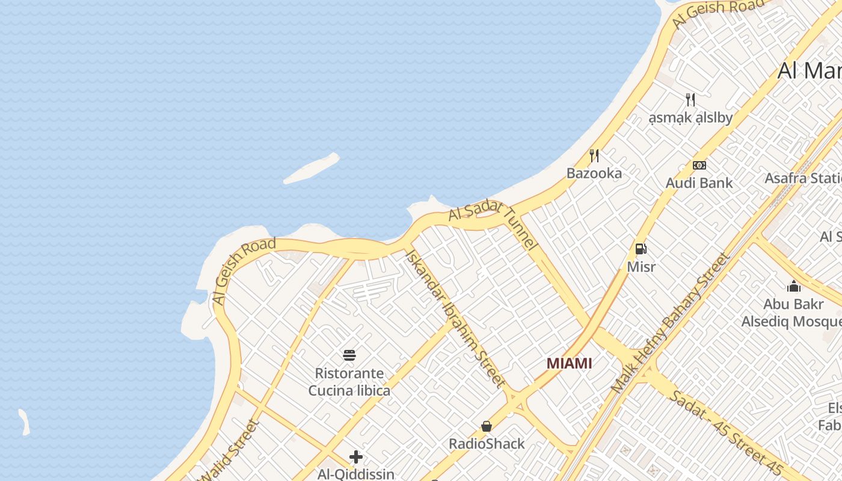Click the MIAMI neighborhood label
[x=569, y=363]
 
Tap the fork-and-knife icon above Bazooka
[x=594, y=156]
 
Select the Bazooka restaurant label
[x=594, y=173]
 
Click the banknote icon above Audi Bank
[x=699, y=165]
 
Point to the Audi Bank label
[x=699, y=183]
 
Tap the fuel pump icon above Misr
[x=641, y=248]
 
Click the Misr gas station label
[x=641, y=266]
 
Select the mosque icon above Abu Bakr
[x=794, y=286]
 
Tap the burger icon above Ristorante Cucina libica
[x=349, y=355]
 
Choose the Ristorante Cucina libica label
[x=349, y=382]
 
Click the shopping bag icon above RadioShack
[x=487, y=426]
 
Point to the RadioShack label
[x=487, y=444]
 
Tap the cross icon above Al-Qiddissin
[x=356, y=457]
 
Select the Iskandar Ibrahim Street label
[x=455, y=319]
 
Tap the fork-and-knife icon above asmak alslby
[x=690, y=100]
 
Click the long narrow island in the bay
[x=312, y=168]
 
